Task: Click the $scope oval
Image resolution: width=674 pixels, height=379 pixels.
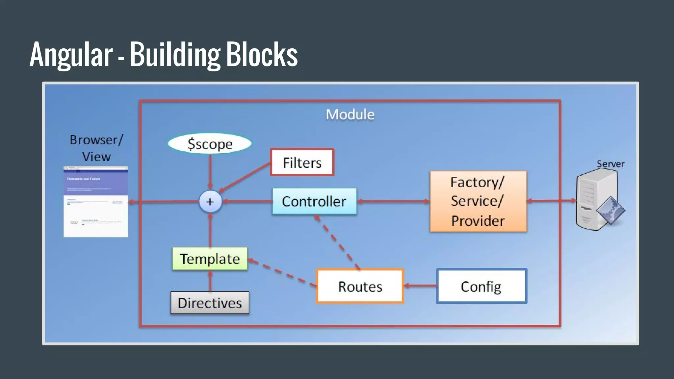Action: [x=210, y=144]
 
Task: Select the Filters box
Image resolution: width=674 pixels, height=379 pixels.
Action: [x=302, y=162]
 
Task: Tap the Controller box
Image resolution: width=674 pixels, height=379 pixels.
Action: [x=314, y=201]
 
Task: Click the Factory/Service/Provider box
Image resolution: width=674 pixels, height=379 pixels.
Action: [x=478, y=201]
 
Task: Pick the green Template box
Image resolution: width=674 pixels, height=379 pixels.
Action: [x=210, y=259]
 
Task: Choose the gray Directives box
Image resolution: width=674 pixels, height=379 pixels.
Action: [x=210, y=303]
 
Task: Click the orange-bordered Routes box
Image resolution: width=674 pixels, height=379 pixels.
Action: [x=360, y=286]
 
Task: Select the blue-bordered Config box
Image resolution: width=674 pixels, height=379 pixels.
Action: [x=481, y=286]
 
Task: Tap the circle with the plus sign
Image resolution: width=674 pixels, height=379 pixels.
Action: [x=210, y=202]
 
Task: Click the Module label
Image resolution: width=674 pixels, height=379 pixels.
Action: [x=350, y=114]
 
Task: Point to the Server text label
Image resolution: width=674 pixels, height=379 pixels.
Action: [x=610, y=164]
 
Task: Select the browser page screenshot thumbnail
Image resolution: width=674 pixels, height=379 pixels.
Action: [x=95, y=202]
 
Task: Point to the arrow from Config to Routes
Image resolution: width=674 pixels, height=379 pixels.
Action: [x=420, y=286]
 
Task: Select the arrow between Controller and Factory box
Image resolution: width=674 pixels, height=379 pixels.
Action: [x=393, y=201]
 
